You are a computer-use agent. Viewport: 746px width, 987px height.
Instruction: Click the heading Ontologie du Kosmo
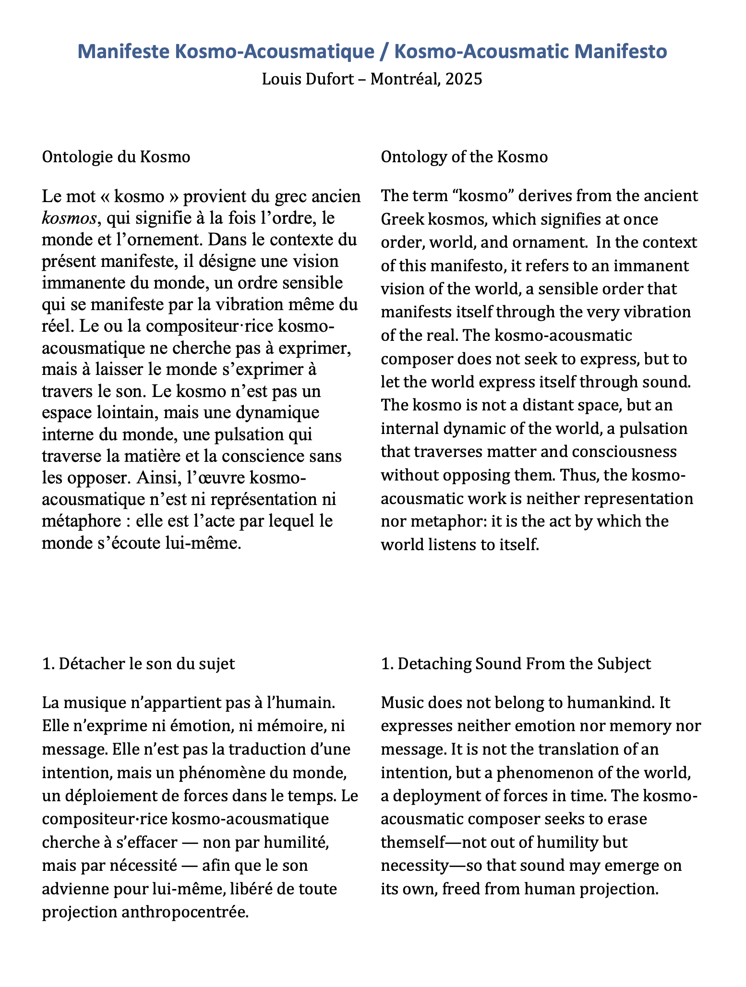click(x=116, y=157)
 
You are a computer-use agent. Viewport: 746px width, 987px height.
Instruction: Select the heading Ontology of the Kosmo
click(x=464, y=157)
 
